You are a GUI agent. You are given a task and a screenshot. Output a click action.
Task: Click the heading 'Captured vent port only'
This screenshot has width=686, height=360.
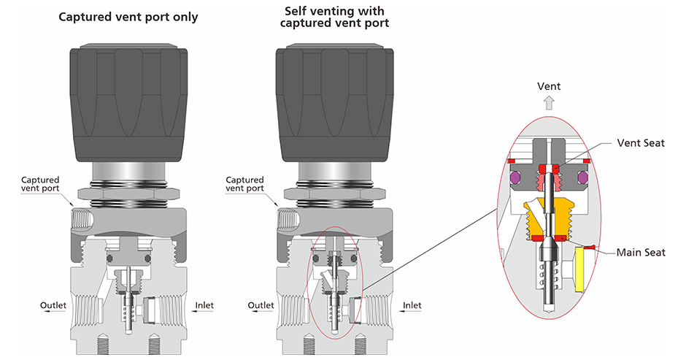(x=128, y=16)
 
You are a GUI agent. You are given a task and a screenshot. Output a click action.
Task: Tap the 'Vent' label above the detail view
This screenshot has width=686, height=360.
(x=549, y=87)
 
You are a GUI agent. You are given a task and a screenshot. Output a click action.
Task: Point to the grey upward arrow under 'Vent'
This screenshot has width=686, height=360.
(x=549, y=103)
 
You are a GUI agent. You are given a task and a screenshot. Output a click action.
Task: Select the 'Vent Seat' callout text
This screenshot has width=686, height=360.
(x=641, y=143)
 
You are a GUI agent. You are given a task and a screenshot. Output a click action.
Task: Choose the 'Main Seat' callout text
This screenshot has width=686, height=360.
(x=641, y=253)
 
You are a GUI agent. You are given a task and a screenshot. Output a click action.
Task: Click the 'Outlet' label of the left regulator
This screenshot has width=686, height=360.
(x=53, y=305)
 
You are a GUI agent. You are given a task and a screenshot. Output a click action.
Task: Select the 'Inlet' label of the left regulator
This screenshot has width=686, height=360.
(x=207, y=305)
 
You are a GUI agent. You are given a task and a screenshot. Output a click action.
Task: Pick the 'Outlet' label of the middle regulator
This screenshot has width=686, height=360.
(x=261, y=305)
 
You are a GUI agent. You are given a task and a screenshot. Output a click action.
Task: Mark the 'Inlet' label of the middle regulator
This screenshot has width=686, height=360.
(x=412, y=305)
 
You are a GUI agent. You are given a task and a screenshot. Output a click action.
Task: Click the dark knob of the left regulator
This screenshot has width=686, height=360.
(x=130, y=102)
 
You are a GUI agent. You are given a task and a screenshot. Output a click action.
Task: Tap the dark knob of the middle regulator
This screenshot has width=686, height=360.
(x=335, y=102)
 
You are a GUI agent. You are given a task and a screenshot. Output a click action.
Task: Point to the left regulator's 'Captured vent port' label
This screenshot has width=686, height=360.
(x=40, y=184)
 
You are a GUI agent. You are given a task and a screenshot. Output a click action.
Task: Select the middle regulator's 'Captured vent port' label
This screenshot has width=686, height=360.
(x=245, y=184)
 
